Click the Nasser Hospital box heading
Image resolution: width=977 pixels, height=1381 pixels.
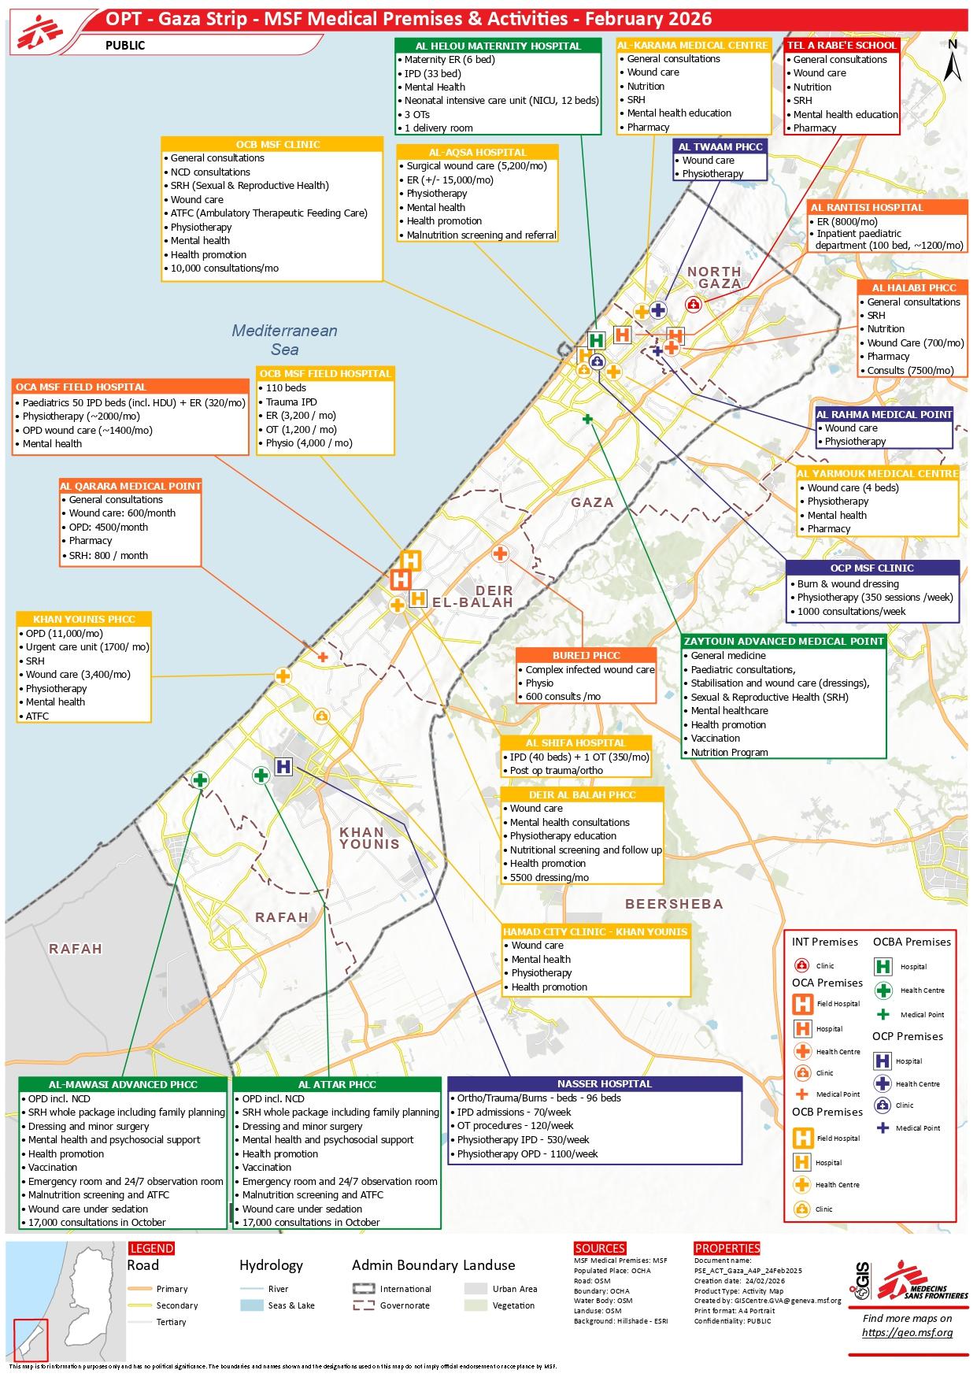594,1083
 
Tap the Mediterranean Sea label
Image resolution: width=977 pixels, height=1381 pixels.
284,339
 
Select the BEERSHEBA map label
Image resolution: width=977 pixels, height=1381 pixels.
674,904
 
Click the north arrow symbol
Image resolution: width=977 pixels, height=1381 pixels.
953,61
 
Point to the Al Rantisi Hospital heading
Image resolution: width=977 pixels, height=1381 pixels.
888,207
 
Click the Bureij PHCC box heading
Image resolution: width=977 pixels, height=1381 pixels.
586,655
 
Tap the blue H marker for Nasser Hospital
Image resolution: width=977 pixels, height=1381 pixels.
283,766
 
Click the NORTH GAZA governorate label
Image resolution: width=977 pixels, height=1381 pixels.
714,277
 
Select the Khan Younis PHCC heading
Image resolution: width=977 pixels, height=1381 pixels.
84,619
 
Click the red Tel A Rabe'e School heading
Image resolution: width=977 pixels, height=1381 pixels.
842,46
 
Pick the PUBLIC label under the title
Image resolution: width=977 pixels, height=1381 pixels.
125,46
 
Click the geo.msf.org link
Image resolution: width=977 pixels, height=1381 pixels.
907,1332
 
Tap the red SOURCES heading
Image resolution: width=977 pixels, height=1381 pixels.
600,1248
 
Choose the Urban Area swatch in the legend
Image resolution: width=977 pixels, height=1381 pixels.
476,1289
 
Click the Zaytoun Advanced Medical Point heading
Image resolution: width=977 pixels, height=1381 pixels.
784,641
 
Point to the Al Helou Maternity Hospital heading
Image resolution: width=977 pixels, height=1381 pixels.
498,46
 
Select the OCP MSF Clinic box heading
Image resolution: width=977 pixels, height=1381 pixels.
872,568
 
